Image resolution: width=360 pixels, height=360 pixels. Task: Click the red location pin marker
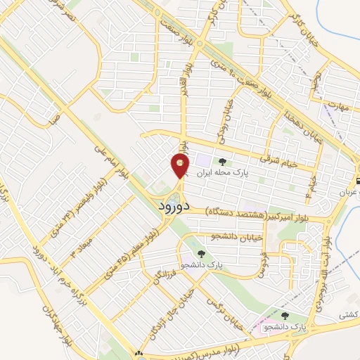(180, 166)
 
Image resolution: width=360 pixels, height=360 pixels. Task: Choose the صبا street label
(51, 121)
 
